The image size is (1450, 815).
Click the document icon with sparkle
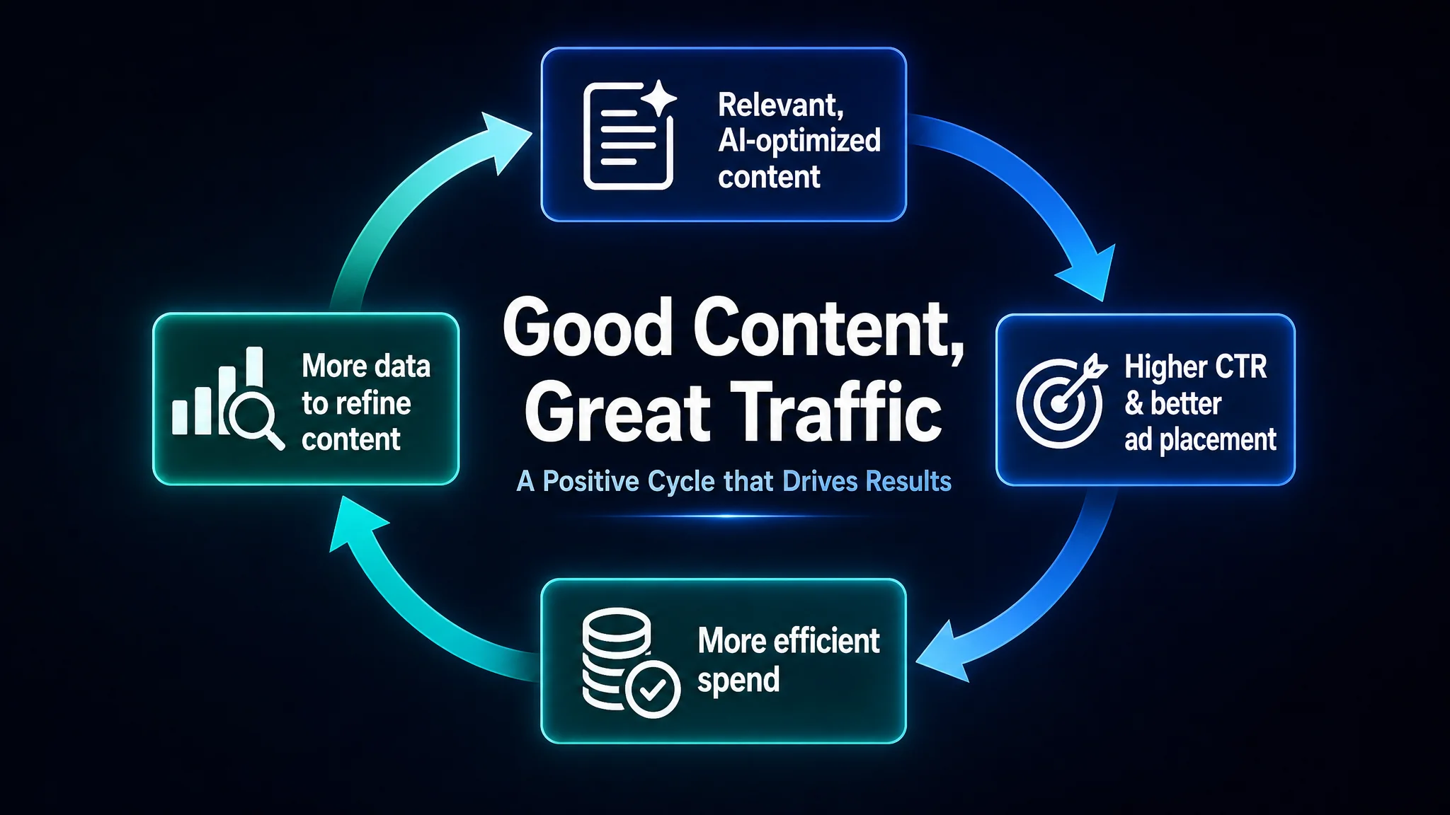(x=629, y=134)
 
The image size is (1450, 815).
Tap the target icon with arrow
(x=1061, y=400)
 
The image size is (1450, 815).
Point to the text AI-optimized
(x=799, y=141)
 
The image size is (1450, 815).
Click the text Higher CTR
(x=1196, y=366)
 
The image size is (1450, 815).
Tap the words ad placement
(x=1200, y=440)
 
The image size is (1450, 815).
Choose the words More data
(x=366, y=366)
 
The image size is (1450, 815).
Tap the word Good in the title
(x=588, y=328)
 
